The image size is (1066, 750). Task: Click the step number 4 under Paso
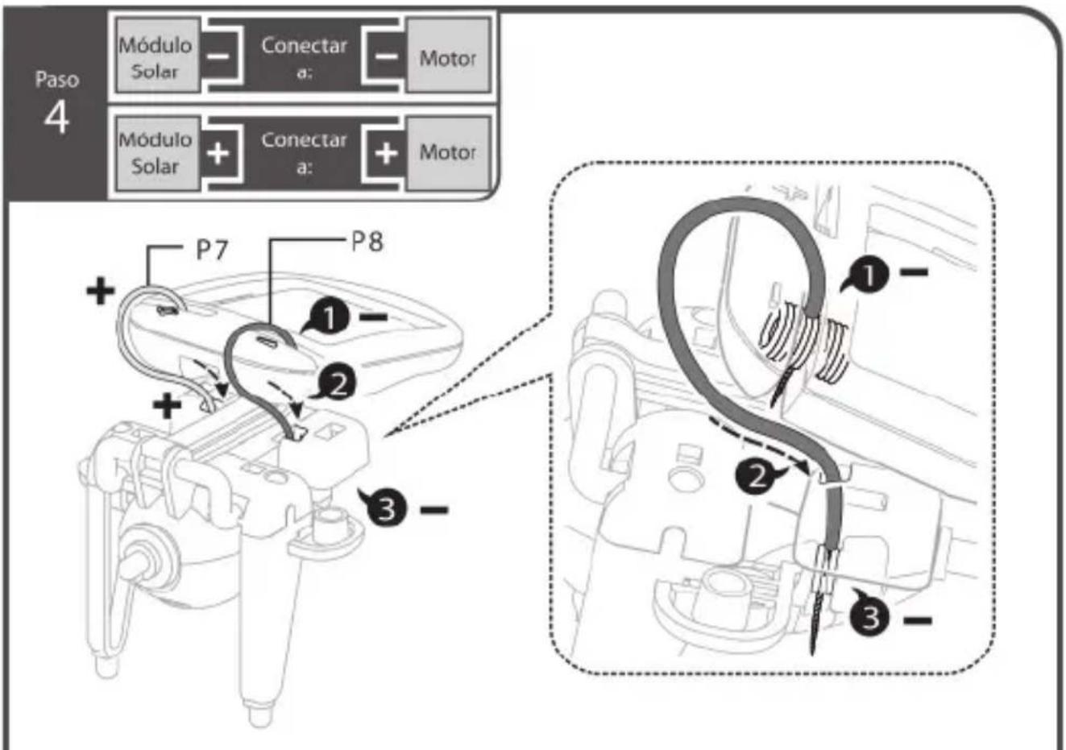[x=57, y=118]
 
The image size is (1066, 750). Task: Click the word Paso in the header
[x=57, y=80]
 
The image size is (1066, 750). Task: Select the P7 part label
[x=212, y=250]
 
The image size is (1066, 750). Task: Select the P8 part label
[x=367, y=242]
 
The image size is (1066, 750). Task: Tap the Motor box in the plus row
[x=448, y=153]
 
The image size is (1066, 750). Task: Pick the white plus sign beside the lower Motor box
[x=386, y=153]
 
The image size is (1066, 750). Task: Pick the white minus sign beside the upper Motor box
[x=386, y=57]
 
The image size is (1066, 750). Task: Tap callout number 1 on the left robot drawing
[x=329, y=317]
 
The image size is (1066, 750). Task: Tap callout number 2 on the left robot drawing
[x=336, y=383]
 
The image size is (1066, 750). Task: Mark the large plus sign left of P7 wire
[x=101, y=291]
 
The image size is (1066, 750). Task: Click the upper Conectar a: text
[x=304, y=56]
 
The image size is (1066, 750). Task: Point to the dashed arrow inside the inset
[x=760, y=444]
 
